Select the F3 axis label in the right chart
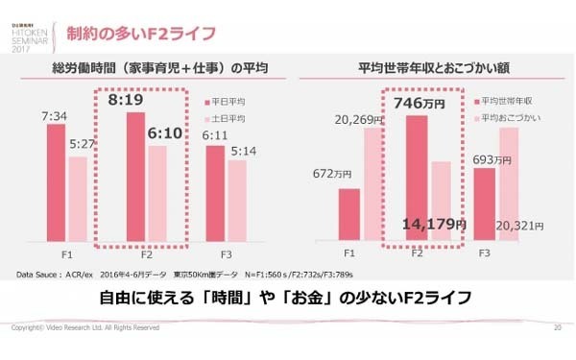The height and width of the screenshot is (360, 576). [485, 253]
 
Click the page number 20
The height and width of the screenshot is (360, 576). [557, 328]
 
